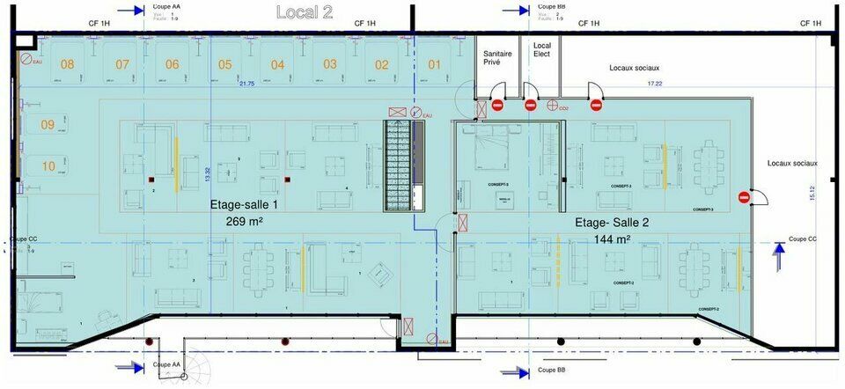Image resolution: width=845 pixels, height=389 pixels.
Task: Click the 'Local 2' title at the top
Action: (x=305, y=12)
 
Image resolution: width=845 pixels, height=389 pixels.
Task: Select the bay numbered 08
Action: (x=67, y=63)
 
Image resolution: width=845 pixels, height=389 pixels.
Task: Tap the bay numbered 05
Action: (x=225, y=64)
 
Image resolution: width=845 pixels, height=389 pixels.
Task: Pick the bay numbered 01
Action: (x=435, y=64)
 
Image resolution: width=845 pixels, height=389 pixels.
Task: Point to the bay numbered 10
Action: (x=48, y=165)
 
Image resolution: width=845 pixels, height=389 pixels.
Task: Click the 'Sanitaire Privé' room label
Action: (x=498, y=57)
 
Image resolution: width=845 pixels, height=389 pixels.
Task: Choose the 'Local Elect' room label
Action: (x=541, y=49)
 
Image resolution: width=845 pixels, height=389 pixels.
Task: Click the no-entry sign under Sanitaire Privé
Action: (x=497, y=106)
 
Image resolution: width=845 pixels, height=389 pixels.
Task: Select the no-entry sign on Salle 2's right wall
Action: (x=744, y=196)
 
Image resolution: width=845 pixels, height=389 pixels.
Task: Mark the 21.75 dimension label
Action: (x=246, y=84)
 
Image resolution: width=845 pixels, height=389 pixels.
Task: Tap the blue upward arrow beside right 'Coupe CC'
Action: (x=778, y=255)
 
